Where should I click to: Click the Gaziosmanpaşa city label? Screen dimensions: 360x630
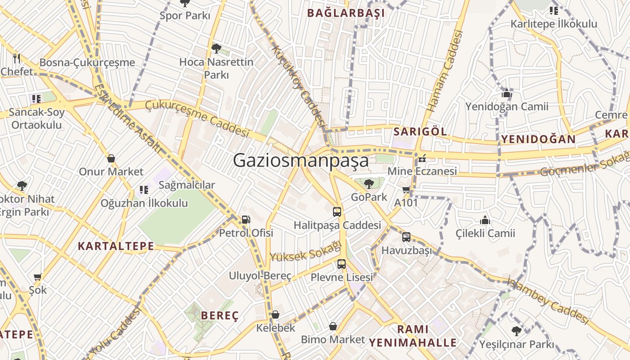click(x=301, y=161)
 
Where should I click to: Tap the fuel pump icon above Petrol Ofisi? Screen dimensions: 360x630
click(x=246, y=220)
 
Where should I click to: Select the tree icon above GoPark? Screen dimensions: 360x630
click(x=369, y=184)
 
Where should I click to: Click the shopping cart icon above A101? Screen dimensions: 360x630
click(x=406, y=190)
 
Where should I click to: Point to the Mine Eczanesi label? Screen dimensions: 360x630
click(x=422, y=171)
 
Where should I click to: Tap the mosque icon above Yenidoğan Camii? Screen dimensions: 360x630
click(x=507, y=94)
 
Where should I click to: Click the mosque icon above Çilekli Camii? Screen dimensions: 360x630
click(x=485, y=220)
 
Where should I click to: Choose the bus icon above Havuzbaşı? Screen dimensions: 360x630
click(x=406, y=237)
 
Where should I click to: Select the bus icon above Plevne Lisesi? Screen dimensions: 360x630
click(x=342, y=264)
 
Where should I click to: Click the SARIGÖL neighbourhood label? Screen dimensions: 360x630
click(x=420, y=131)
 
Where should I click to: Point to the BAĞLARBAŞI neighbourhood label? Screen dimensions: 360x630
click(x=346, y=13)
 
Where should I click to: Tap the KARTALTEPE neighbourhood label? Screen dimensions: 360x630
click(x=116, y=246)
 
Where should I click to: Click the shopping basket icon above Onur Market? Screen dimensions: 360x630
click(x=111, y=158)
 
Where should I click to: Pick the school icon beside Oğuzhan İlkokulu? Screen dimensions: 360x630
click(x=144, y=190)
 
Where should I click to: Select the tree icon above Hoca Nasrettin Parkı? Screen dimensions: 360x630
click(x=216, y=48)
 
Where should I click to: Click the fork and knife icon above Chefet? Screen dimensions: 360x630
click(x=17, y=58)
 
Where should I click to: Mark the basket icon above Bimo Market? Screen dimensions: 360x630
click(x=333, y=326)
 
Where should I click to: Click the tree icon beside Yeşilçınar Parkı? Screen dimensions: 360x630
click(x=517, y=331)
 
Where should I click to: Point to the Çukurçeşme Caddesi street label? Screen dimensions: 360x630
click(x=197, y=118)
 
